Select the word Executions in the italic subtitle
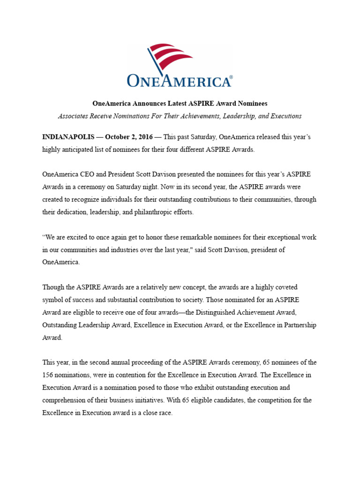[x=284, y=116]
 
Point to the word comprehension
[x=66, y=400]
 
